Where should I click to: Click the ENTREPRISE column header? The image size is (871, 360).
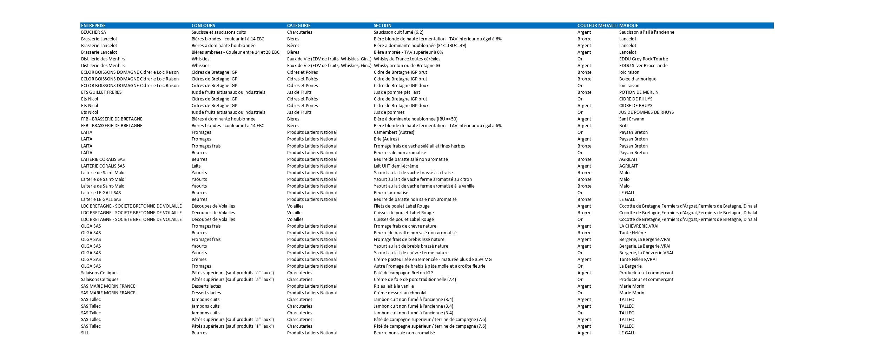(93, 26)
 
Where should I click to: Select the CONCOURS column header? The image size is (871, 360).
(203, 26)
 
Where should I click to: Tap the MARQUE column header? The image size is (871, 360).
(628, 26)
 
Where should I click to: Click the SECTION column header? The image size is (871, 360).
(382, 26)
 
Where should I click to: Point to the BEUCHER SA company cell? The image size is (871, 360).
(93, 32)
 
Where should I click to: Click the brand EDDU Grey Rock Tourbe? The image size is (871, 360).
(643, 59)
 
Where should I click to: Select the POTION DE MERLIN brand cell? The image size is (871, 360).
(639, 92)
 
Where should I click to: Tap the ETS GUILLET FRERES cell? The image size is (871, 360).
(101, 92)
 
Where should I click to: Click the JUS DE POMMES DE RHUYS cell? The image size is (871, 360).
(646, 112)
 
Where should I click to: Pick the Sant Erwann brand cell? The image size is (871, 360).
(632, 119)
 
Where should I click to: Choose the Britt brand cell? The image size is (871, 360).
(623, 126)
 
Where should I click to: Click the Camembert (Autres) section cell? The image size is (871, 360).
(394, 132)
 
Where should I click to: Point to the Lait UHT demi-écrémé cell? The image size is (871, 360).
(396, 166)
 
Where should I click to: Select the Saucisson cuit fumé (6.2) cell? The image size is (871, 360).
(398, 32)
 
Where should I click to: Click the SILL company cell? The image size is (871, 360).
(85, 333)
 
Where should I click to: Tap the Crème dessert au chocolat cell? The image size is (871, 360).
(400, 293)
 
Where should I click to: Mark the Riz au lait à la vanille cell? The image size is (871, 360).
(394, 286)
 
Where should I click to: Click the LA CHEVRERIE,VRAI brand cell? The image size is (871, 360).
(639, 226)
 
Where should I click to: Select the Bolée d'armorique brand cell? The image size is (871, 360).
(638, 79)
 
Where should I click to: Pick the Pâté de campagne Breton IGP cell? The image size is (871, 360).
(403, 273)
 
